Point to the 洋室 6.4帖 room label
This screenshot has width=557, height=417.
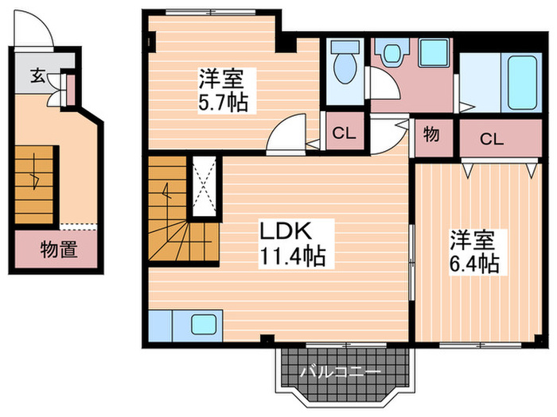pyautogui.click(x=474, y=252)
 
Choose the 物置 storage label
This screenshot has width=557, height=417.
pyautogui.click(x=59, y=250)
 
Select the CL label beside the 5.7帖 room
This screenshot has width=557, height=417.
pyautogui.click(x=343, y=133)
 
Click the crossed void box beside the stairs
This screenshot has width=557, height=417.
pyautogui.click(x=203, y=186)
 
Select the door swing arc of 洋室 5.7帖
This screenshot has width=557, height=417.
pyautogui.click(x=288, y=133)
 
